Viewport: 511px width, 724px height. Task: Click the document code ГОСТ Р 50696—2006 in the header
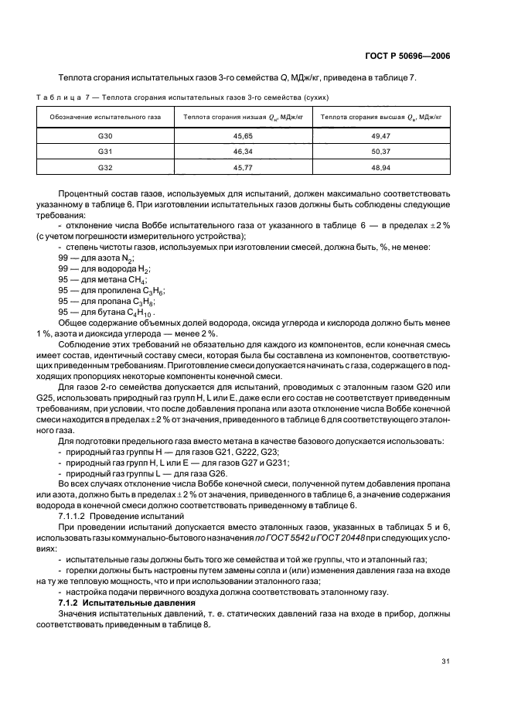click(x=409, y=56)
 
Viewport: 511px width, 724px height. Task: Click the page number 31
click(x=445, y=662)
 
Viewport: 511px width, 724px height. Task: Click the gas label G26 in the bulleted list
click(x=219, y=472)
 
